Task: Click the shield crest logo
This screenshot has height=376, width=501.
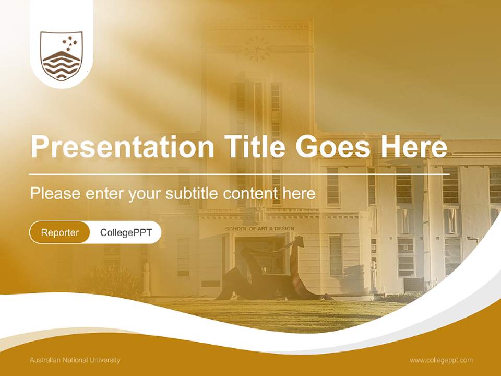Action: (62, 56)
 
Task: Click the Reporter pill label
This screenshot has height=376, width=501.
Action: (60, 232)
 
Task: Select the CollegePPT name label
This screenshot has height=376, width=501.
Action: (126, 232)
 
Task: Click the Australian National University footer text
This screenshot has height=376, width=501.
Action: (75, 360)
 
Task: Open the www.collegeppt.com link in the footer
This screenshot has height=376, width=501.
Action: (441, 360)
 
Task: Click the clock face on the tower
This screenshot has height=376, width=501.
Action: (257, 49)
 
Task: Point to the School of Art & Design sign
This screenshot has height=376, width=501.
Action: (259, 229)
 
